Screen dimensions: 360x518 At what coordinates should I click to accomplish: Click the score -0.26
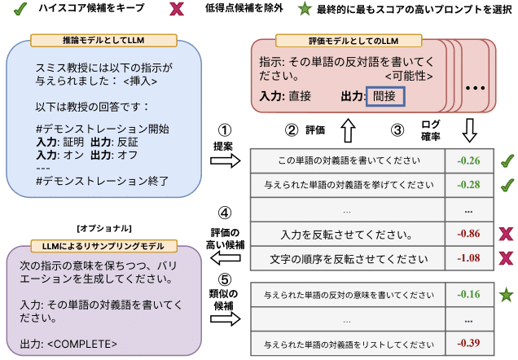(x=468, y=160)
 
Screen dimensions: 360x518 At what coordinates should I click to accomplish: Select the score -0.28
(x=468, y=185)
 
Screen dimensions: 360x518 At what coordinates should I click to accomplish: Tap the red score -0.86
(x=468, y=235)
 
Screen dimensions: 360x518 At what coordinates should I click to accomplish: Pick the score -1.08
(x=468, y=259)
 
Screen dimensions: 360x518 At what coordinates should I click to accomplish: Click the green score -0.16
(x=468, y=292)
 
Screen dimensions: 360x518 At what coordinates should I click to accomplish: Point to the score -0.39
(x=468, y=341)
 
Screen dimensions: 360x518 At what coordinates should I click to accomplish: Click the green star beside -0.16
(x=505, y=292)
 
